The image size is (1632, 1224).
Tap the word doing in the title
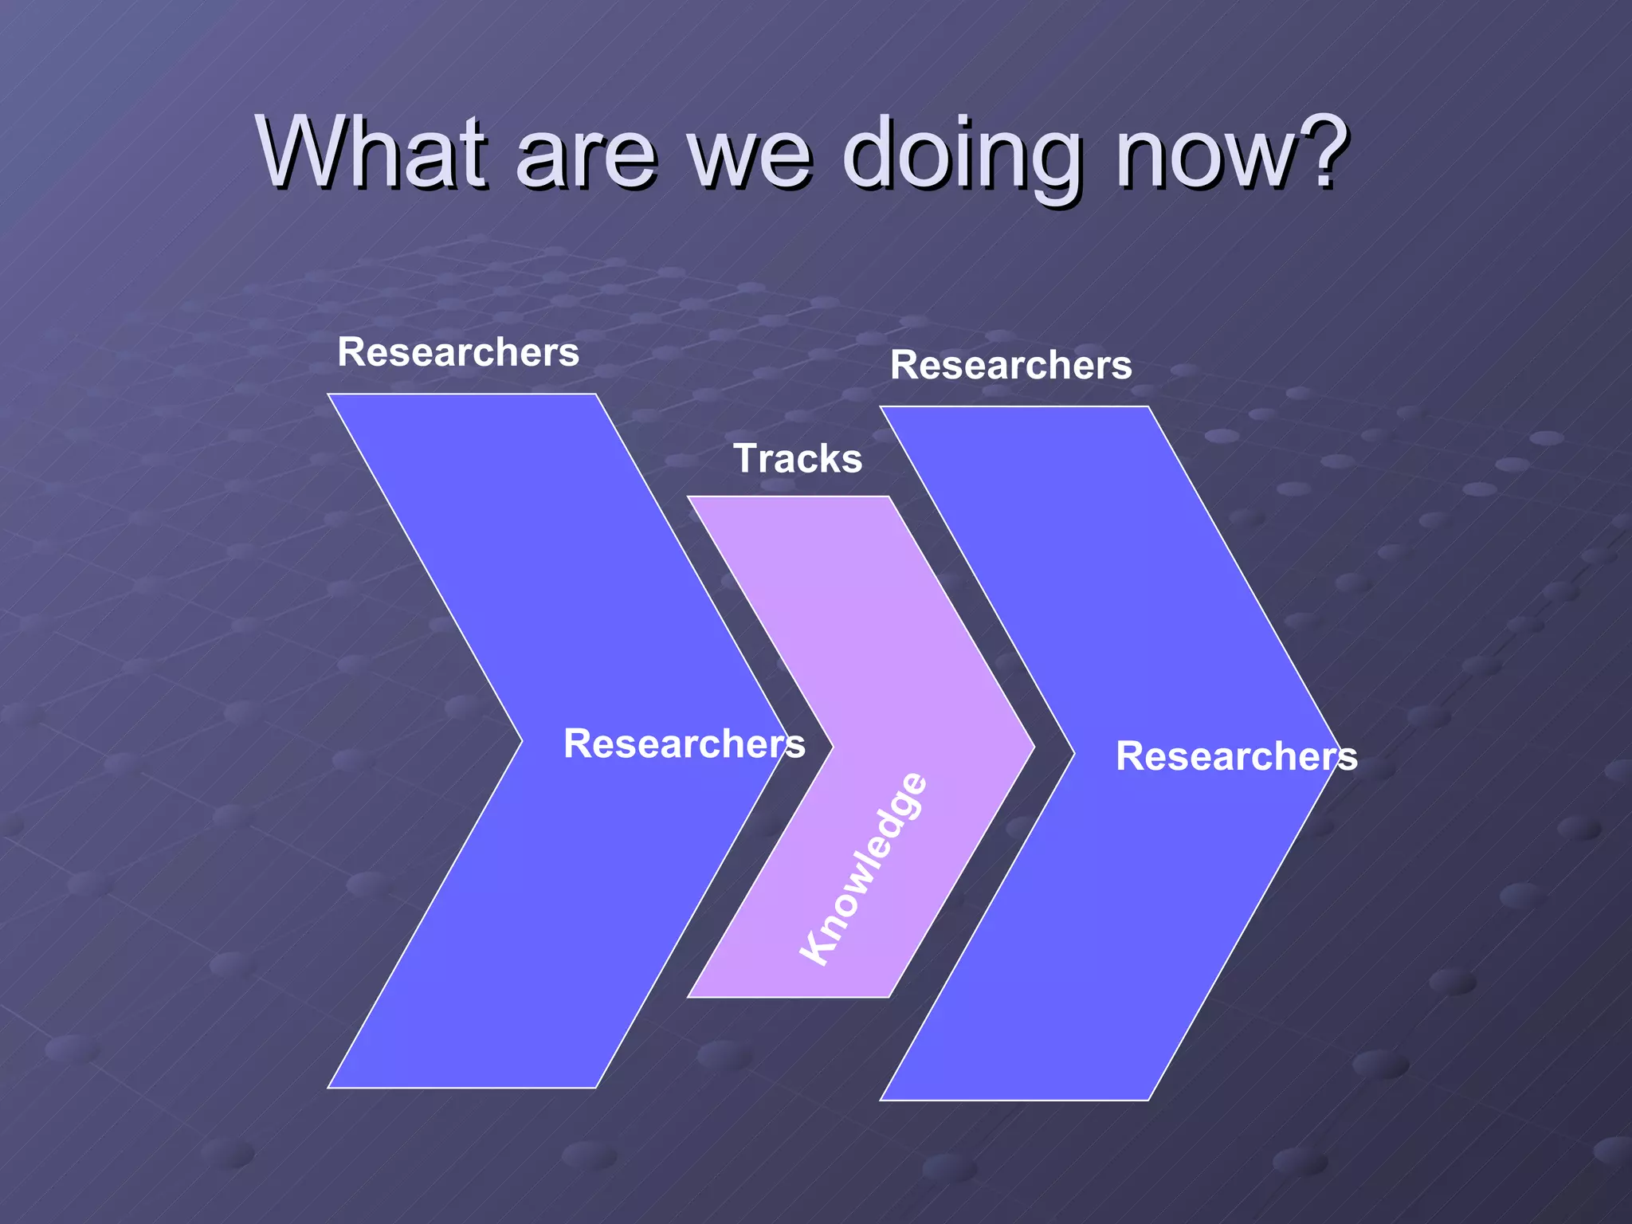tap(963, 155)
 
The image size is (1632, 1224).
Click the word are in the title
tap(586, 155)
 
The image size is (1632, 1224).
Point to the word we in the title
tap(749, 155)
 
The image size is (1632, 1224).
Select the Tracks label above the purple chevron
tap(798, 458)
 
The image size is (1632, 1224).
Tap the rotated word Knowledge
tap(864, 869)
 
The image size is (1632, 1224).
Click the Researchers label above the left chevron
tap(458, 352)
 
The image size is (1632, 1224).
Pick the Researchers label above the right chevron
tap(1010, 365)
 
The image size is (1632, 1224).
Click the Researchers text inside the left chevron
tap(684, 743)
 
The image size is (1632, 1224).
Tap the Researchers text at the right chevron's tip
tap(1236, 756)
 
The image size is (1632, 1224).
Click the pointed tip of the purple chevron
tap(1033, 747)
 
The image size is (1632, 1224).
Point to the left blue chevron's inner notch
tap(522, 741)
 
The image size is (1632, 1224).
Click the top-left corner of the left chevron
tap(329, 394)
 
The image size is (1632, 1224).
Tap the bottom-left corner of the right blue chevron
tap(881, 1100)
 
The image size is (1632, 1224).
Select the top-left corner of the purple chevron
tap(688, 497)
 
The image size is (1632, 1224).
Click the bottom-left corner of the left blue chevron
tap(329, 1087)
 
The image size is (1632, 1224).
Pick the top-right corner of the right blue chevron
tap(1148, 407)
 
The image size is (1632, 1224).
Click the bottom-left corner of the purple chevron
tap(688, 996)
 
